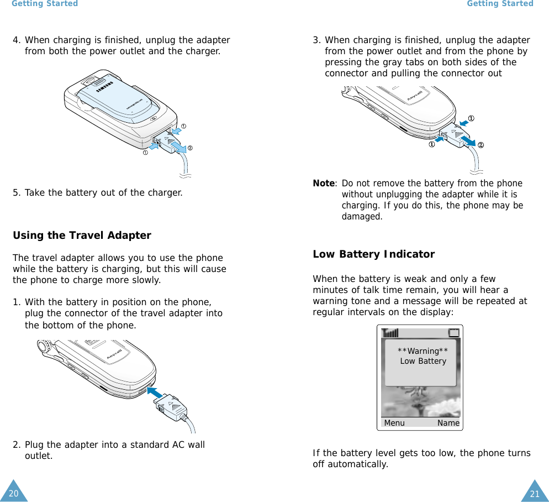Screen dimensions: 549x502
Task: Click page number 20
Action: tap(13, 493)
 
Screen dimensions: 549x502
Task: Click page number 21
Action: tap(534, 494)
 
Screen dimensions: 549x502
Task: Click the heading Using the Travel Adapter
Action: tap(82, 236)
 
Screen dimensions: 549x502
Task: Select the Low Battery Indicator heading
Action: tap(373, 254)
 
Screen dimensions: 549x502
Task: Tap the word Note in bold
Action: tap(324, 184)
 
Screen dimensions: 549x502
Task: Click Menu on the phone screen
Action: tap(394, 423)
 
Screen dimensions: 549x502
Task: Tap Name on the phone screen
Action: tap(448, 423)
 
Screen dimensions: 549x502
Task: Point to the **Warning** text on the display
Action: tap(423, 351)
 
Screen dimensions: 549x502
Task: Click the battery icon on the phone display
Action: tap(453, 333)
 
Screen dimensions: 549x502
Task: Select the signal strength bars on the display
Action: tap(390, 333)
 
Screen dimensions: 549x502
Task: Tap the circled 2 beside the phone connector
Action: tap(481, 145)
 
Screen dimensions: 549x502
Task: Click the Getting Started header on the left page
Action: tap(45, 4)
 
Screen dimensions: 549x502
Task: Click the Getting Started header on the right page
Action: tap(500, 4)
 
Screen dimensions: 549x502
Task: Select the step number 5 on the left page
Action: tap(17, 193)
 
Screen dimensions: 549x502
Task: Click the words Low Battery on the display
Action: tap(423, 361)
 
